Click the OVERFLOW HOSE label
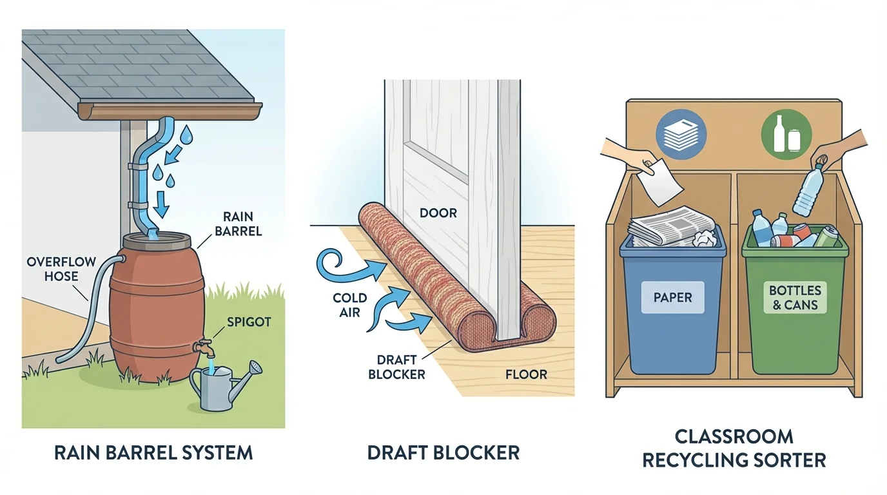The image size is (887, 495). [x=61, y=269]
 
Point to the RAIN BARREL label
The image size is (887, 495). [x=240, y=224]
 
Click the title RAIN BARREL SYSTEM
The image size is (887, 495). [x=153, y=452]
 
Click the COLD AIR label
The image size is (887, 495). [x=349, y=306]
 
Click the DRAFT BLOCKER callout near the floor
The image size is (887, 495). [x=396, y=368]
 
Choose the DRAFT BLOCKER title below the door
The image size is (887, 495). [x=443, y=452]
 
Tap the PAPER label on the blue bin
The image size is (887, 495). [x=672, y=298]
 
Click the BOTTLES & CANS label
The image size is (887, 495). [x=794, y=298]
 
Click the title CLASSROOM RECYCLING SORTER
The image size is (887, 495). [x=734, y=449]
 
